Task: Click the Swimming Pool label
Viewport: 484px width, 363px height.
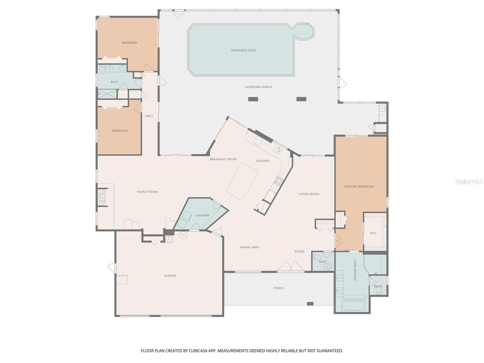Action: [244, 51]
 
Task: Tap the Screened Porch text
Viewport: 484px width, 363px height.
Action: [258, 87]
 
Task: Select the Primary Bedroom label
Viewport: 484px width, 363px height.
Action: [359, 187]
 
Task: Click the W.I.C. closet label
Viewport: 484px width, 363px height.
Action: [373, 233]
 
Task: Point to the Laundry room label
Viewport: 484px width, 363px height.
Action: [202, 215]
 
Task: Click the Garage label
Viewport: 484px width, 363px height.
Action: [170, 276]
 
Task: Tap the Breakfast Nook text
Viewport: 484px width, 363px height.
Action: [223, 159]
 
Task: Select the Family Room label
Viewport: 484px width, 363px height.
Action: [147, 192]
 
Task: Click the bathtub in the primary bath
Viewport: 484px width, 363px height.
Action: [353, 305]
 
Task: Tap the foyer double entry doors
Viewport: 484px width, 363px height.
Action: [291, 267]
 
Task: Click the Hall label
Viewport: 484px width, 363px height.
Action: [149, 116]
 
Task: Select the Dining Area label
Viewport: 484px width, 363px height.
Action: [249, 247]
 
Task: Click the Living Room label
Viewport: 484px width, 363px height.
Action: [309, 194]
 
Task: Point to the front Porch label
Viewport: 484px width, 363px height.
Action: [279, 288]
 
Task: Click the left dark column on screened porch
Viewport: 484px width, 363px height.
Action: [253, 99]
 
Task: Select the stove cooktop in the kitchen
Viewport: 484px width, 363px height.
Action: [279, 181]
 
